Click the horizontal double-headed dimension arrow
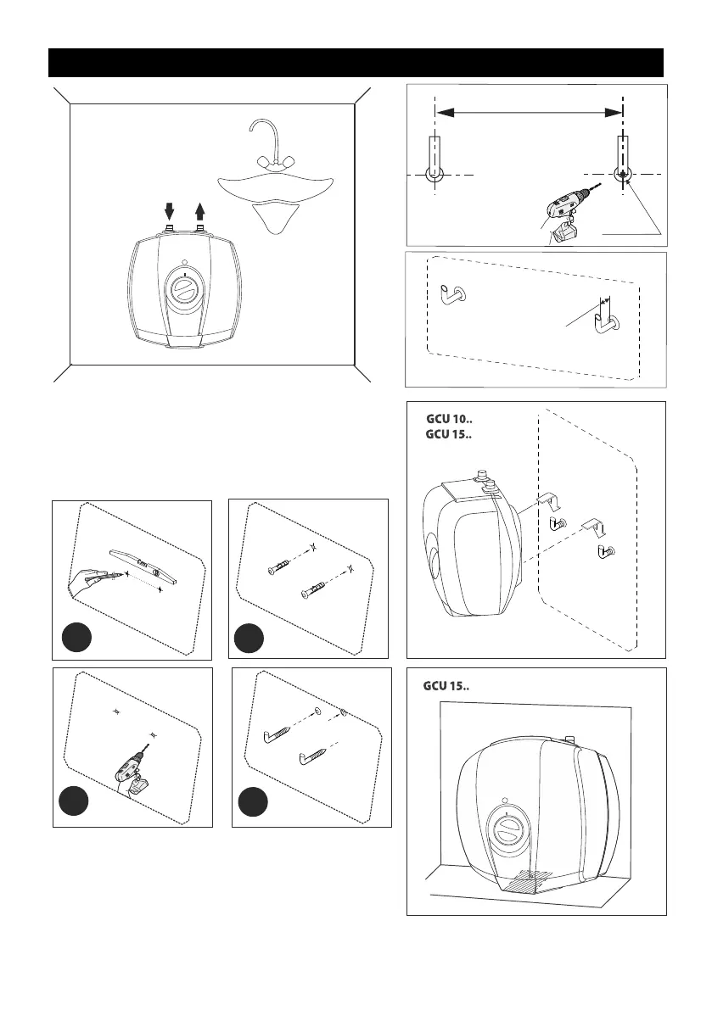(529, 111)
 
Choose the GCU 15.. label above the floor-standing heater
(446, 684)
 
